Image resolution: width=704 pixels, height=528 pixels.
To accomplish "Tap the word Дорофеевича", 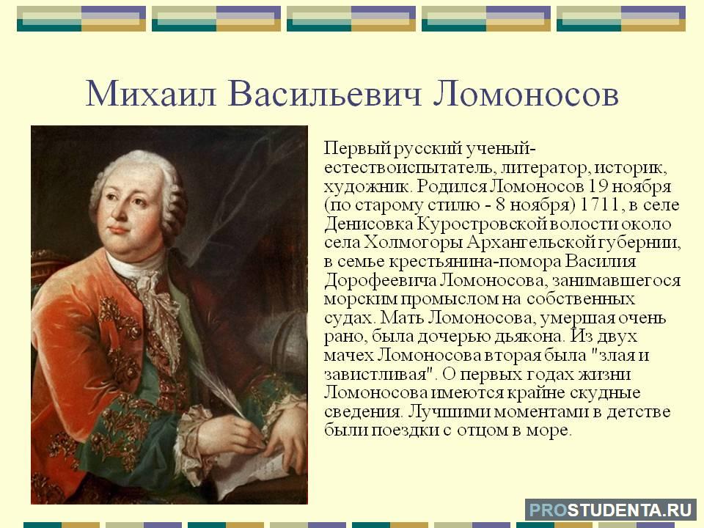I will [x=379, y=280].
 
